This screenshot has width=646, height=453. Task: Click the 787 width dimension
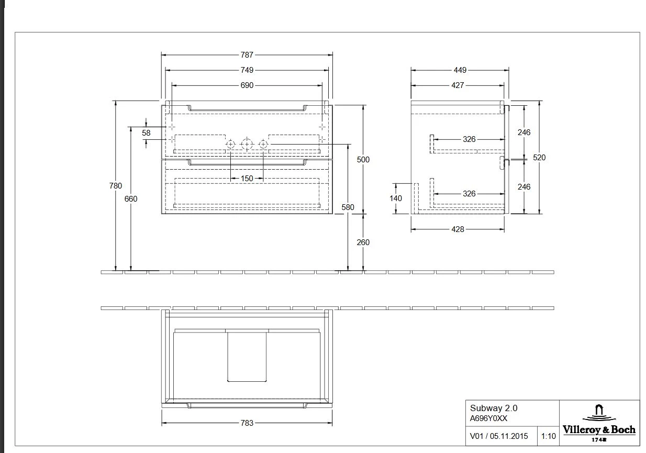point(247,54)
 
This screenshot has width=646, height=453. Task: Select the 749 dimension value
point(247,70)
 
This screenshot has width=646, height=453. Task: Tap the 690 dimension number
point(247,85)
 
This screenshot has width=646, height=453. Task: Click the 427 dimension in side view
point(458,85)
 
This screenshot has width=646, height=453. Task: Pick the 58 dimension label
point(146,133)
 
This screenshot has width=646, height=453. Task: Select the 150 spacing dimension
point(247,179)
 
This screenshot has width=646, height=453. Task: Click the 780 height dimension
point(116,185)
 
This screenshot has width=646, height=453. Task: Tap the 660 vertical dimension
point(131,199)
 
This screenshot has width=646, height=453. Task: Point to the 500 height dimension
point(363,160)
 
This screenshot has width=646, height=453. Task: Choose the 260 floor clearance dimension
point(363,242)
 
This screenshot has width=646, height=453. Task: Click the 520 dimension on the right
point(539,157)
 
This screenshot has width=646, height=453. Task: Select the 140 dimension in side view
point(396,198)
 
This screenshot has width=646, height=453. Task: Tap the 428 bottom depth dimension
point(458,229)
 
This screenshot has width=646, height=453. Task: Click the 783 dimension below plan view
point(247,423)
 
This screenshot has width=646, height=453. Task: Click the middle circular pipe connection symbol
point(247,143)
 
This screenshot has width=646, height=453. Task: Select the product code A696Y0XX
point(488,418)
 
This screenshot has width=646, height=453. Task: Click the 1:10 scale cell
point(548,436)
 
